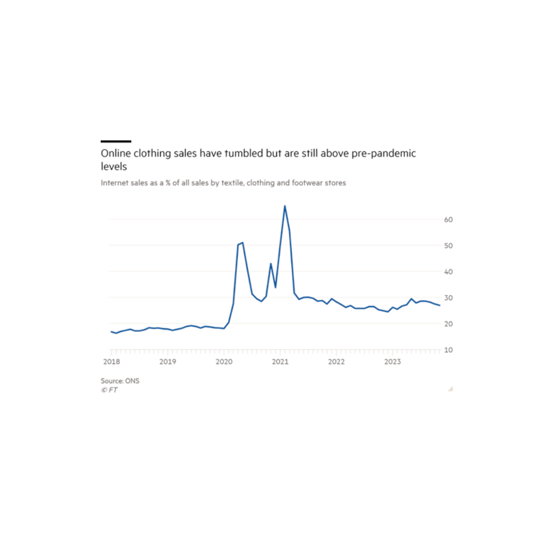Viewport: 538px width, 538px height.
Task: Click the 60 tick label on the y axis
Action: pyautogui.click(x=448, y=219)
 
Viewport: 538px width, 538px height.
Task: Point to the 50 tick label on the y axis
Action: pyautogui.click(x=448, y=246)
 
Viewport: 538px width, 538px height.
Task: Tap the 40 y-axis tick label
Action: pyautogui.click(x=448, y=272)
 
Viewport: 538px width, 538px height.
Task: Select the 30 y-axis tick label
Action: pyautogui.click(x=448, y=298)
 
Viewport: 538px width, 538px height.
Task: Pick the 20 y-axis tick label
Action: pyautogui.click(x=448, y=324)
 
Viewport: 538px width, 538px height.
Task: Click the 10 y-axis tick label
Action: pyautogui.click(x=448, y=350)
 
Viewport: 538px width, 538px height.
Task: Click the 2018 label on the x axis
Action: pyautogui.click(x=111, y=362)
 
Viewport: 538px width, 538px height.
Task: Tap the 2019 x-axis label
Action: pyautogui.click(x=168, y=362)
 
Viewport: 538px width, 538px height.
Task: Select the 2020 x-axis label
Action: pyautogui.click(x=224, y=362)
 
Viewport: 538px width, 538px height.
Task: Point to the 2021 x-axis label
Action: pyautogui.click(x=280, y=362)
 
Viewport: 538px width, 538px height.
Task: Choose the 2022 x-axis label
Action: pyautogui.click(x=336, y=362)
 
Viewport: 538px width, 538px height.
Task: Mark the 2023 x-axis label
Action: pyautogui.click(x=393, y=362)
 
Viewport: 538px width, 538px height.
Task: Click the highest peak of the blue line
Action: pyautogui.click(x=285, y=206)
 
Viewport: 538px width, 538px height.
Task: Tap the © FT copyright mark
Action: pyautogui.click(x=109, y=390)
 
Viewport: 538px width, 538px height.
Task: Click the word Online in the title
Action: pyautogui.click(x=114, y=153)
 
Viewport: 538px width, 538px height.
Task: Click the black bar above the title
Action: pyautogui.click(x=116, y=141)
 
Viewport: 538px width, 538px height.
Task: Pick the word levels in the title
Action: pyautogui.click(x=114, y=166)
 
